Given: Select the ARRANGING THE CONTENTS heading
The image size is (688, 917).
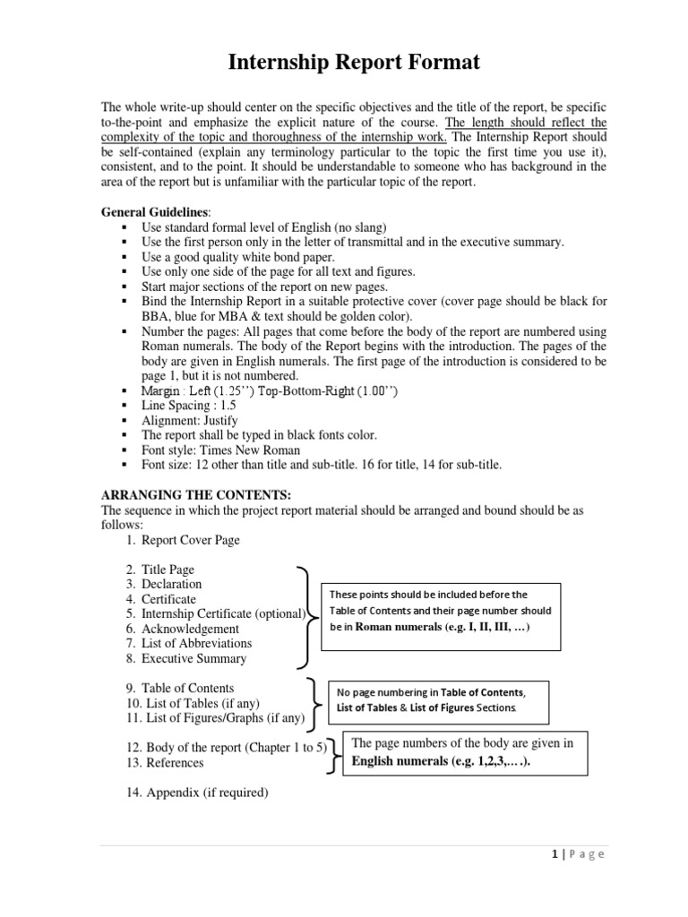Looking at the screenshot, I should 195,495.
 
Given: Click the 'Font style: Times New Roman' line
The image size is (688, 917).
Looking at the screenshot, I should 220,450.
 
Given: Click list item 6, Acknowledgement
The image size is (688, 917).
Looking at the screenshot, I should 189,629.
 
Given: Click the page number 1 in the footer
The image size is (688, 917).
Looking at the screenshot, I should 556,853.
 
